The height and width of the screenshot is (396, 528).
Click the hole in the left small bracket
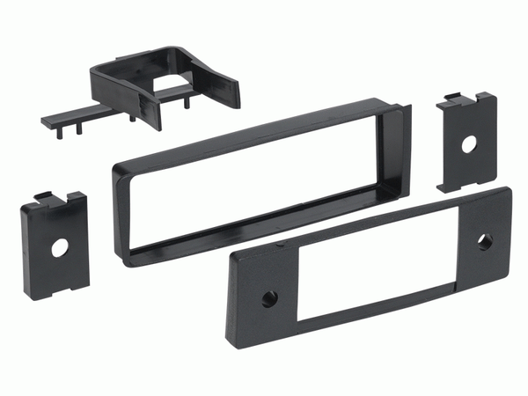59,248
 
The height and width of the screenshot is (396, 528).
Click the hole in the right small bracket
467,142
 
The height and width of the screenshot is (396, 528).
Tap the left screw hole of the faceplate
268,297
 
